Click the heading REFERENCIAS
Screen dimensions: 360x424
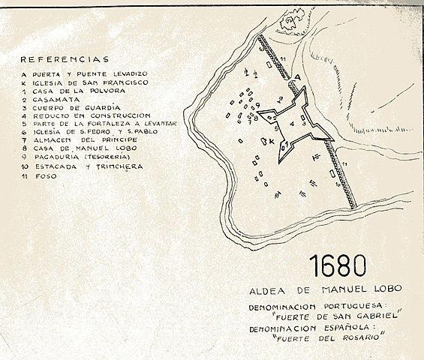(65, 59)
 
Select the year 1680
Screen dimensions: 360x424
(337, 266)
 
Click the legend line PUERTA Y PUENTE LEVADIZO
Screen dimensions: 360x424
(94, 73)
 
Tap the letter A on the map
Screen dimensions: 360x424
(298, 76)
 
